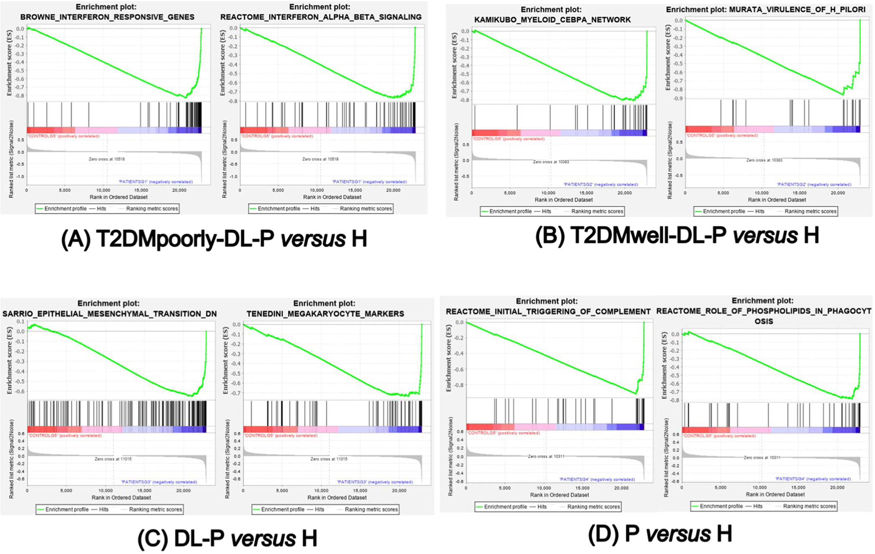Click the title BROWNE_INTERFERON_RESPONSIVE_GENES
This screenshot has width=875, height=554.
[x=107, y=17]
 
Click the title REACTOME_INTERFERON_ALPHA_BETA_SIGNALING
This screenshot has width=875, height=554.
[x=321, y=17]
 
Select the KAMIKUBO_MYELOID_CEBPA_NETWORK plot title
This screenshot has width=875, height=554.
[x=552, y=20]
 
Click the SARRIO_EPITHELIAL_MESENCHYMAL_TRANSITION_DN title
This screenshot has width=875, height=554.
[x=110, y=314]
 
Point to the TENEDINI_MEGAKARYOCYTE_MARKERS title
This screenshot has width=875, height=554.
[x=325, y=314]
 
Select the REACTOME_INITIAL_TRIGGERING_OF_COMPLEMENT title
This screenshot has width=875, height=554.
[x=548, y=312]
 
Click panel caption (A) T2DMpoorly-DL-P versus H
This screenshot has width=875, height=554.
[x=214, y=239]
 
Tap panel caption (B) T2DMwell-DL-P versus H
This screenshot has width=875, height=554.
[x=677, y=235]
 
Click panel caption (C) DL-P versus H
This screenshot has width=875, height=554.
[x=227, y=538]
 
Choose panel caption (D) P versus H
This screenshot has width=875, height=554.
[x=660, y=534]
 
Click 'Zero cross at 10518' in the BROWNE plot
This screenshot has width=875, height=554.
[x=107, y=159]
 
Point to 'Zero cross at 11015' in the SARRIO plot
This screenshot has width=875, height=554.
[x=113, y=459]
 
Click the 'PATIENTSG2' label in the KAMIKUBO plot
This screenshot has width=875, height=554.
[x=601, y=184]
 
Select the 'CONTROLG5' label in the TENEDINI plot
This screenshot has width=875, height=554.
[x=280, y=435]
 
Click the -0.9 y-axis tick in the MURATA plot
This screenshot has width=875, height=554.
[x=678, y=98]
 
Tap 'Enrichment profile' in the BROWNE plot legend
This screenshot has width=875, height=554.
[x=65, y=208]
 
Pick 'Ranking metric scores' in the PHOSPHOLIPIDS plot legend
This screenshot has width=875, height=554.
[x=809, y=506]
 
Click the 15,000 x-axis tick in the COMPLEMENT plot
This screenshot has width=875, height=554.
[x=583, y=488]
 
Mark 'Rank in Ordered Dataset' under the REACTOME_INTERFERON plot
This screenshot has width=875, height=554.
[x=332, y=197]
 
